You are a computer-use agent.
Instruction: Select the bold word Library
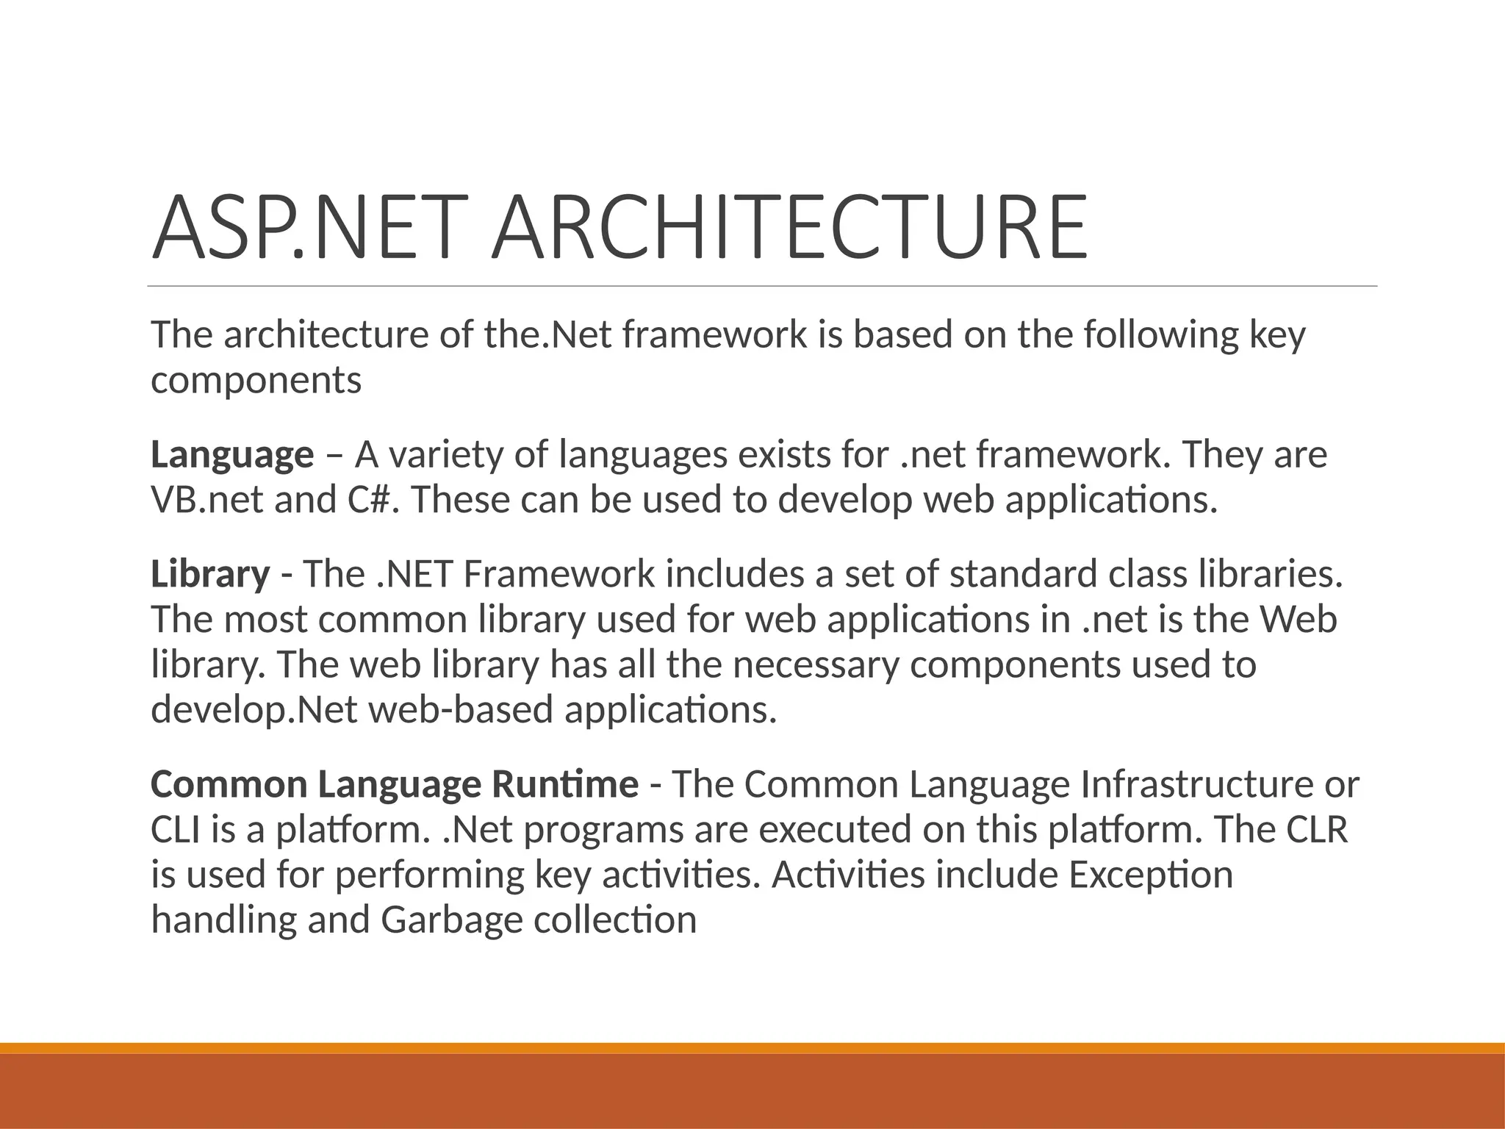[210, 574]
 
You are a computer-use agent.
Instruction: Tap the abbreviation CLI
[174, 830]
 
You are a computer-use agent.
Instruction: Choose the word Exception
[1150, 875]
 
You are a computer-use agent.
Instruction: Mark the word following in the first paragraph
[1160, 335]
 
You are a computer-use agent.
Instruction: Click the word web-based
[460, 711]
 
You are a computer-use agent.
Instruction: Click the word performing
[429, 875]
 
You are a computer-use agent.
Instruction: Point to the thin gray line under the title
[762, 287]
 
